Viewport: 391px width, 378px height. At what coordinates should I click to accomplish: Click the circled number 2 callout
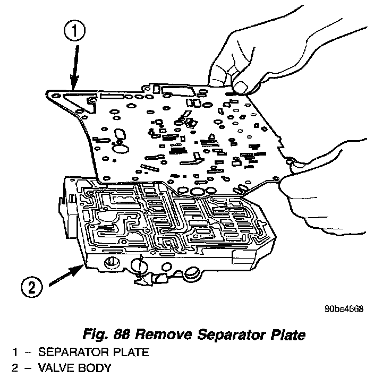(32, 288)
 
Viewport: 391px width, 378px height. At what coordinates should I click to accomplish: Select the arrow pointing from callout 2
(66, 276)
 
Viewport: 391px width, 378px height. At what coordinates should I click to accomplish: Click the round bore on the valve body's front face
(113, 262)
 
